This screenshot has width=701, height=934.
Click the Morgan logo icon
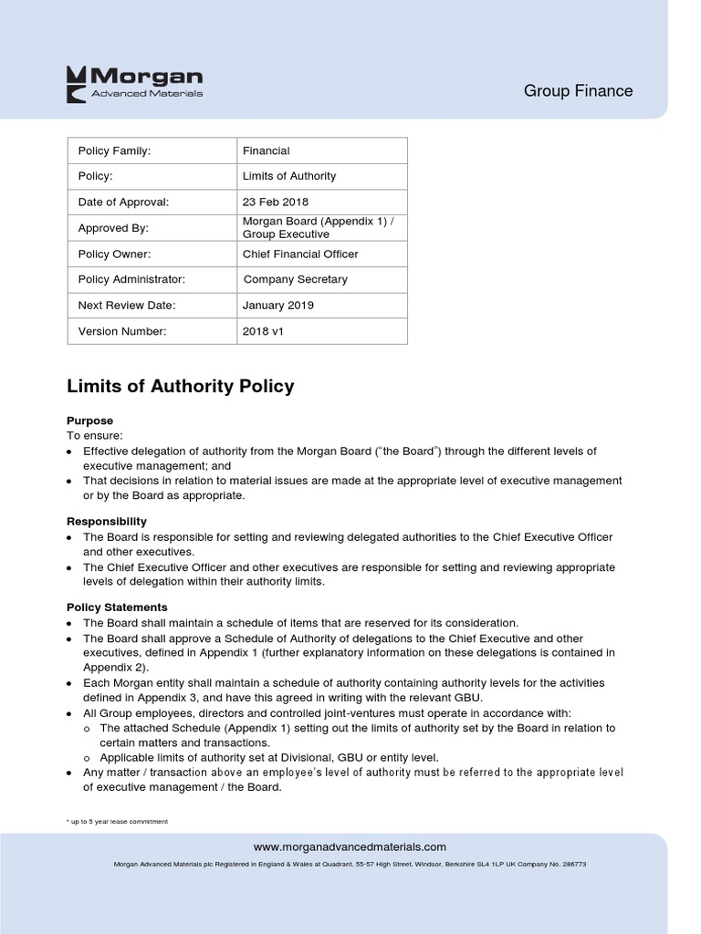point(78,81)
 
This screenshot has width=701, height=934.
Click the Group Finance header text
point(578,90)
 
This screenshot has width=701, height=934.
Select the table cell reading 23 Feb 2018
point(275,202)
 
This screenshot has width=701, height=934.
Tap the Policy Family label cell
point(114,150)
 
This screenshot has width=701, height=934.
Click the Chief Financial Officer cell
point(300,254)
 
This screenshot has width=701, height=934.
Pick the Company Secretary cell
point(295,279)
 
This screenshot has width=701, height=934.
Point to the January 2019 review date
point(277,306)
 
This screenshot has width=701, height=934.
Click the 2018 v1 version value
point(263,331)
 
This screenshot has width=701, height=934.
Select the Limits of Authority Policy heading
point(181,386)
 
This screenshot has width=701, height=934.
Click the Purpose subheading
point(90,420)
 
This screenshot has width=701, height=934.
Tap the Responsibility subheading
point(107,521)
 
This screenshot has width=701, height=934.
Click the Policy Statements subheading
point(117,607)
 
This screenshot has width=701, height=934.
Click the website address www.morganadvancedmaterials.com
point(350,846)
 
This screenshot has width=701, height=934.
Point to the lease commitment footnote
point(118,822)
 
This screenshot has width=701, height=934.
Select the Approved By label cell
point(113,228)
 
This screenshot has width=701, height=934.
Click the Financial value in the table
point(266,150)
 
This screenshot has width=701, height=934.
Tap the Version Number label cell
point(122,331)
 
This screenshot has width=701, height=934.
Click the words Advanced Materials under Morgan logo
point(147,93)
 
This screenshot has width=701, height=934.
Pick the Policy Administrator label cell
point(131,279)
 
